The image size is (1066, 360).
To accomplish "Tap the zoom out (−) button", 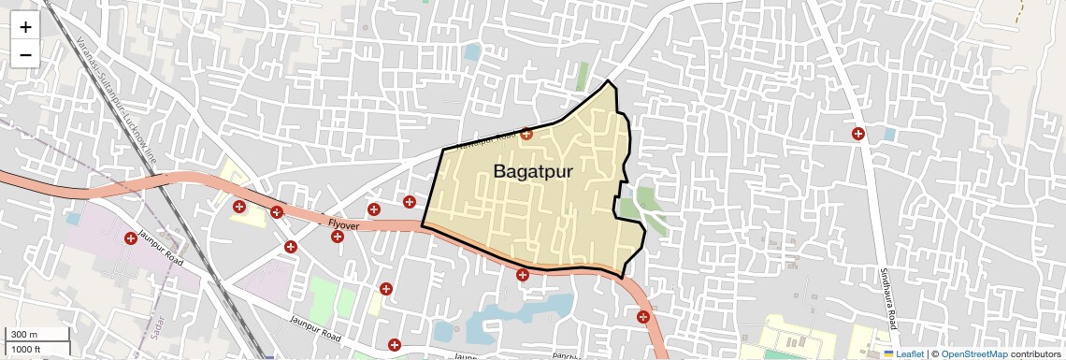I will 25,55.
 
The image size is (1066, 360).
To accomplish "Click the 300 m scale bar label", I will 24,334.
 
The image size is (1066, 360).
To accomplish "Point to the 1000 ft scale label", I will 27,349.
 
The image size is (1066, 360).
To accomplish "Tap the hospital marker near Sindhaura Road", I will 857,134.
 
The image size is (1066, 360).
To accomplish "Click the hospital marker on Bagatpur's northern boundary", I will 526,134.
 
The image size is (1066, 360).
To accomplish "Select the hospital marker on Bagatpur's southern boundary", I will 523,275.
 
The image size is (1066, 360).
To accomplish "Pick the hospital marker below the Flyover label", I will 337,237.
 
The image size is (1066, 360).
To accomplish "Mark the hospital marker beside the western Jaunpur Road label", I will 131,239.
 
